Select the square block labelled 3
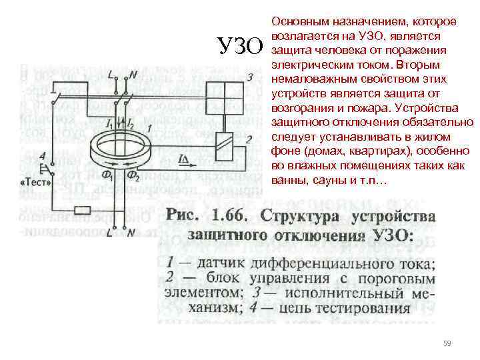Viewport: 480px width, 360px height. (224, 96)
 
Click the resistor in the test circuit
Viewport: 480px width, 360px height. (83, 211)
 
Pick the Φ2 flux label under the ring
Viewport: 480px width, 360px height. (134, 177)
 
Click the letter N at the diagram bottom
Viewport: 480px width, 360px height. (131, 233)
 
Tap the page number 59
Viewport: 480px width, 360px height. (447, 343)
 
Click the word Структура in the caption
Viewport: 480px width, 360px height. (301, 217)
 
